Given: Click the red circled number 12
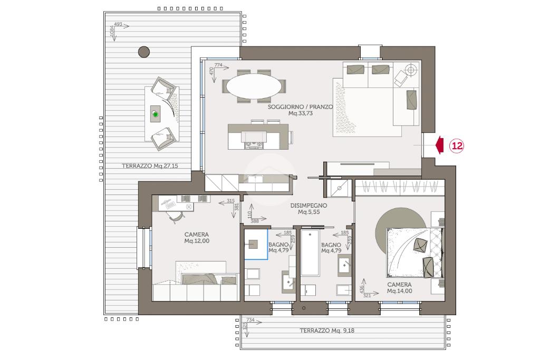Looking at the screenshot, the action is pos(457,146).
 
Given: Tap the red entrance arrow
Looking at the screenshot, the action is pos(439,145).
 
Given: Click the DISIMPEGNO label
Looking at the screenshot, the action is pos(308,206).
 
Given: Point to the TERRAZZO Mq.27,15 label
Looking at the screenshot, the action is pos(150,166).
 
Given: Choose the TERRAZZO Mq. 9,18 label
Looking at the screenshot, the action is pos(327,330).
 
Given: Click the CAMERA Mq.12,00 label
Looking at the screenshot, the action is pos(197,238).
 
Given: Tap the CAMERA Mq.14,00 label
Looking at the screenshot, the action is pos(400,288).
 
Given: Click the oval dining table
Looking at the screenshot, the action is pos(254,86).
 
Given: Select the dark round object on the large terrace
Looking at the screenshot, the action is pos(144,52).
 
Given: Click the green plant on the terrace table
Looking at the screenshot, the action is pos(156,114).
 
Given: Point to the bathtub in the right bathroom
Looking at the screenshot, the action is pos(310,252).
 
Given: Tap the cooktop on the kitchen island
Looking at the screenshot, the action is pos(254,145).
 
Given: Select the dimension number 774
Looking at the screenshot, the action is pos(218,65).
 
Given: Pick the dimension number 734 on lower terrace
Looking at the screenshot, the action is pos(250,320).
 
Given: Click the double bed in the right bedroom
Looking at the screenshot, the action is pos(415,252).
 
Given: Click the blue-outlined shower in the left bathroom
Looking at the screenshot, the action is pos(256,244).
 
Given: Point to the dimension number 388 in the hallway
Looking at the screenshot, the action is pos(255,221).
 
